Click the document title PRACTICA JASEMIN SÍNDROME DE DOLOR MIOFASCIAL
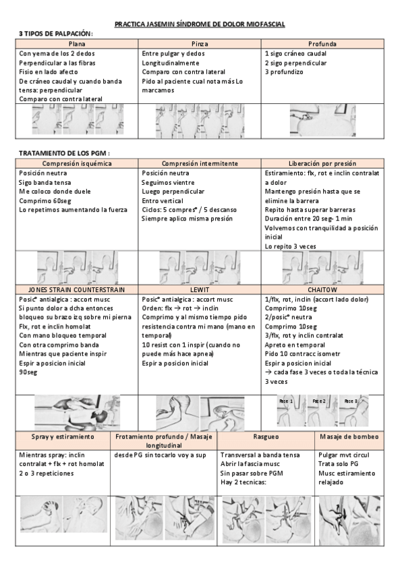200,24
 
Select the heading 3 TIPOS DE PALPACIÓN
56,34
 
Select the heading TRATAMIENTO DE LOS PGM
64,153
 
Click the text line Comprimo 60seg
45,200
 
